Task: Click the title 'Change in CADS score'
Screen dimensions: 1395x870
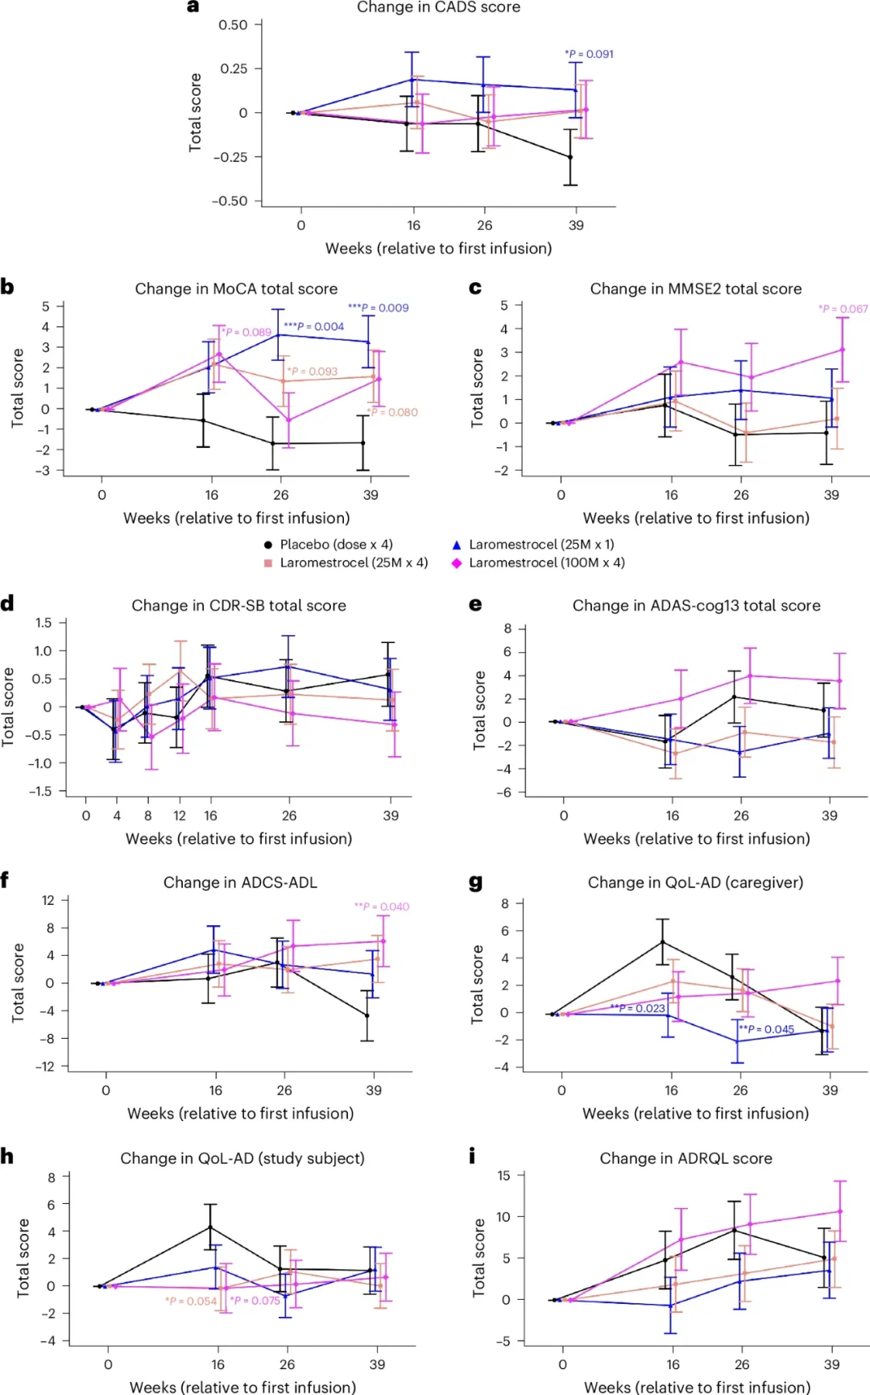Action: pos(438,7)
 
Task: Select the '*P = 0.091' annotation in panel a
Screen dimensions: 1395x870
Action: pos(589,54)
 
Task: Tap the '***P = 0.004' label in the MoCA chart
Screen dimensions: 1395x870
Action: pos(313,326)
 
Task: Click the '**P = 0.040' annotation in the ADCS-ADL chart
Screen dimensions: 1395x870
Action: pos(382,907)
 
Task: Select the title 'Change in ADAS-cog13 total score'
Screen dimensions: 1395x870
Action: pos(696,605)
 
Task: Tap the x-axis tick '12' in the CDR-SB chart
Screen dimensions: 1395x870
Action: pos(180,816)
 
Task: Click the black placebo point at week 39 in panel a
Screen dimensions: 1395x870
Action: pos(570,157)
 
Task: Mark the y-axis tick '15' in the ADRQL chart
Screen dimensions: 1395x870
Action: pos(503,1176)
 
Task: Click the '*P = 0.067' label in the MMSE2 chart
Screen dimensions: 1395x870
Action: pos(843,309)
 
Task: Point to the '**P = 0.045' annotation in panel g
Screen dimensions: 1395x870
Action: pos(767,1029)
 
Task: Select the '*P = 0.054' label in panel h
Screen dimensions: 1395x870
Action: pos(191,1301)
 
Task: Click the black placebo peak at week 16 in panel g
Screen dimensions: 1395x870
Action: pos(663,941)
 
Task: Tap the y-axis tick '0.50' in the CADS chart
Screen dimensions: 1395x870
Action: pos(234,25)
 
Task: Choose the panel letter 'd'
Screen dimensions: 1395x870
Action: pos(7,604)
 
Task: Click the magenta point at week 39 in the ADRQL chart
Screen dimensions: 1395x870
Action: pos(840,1211)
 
